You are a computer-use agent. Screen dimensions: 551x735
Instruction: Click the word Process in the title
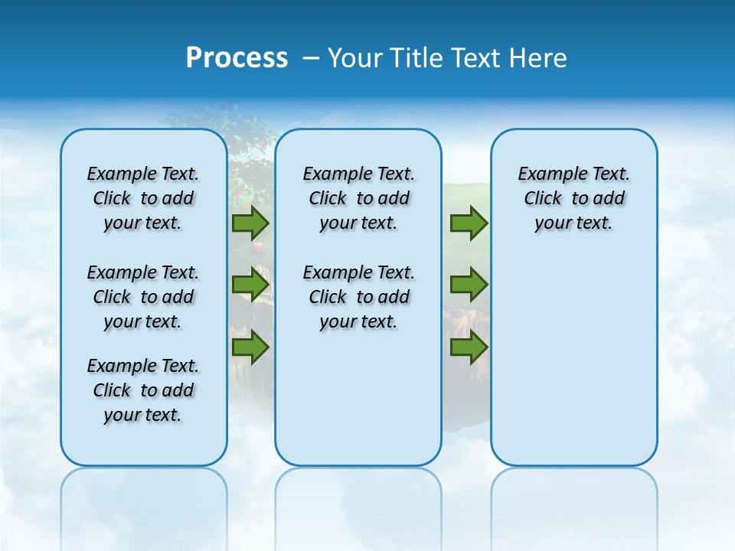(x=237, y=58)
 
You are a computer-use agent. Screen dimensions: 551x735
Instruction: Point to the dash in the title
(x=311, y=59)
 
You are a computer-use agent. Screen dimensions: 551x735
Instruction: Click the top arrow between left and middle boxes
(x=250, y=223)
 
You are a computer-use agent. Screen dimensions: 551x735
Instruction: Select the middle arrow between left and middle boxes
(x=250, y=285)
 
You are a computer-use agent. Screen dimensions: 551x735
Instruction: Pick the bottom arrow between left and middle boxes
(x=250, y=347)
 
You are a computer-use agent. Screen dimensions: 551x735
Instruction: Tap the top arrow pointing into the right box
(x=469, y=223)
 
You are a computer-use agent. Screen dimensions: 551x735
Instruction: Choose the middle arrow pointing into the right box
(x=469, y=285)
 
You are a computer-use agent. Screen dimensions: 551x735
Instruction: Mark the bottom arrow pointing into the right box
(x=469, y=347)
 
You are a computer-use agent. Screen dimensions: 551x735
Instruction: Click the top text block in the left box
(x=143, y=198)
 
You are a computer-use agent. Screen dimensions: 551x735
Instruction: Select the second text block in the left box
(x=143, y=297)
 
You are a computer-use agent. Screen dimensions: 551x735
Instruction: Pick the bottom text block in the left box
(x=143, y=390)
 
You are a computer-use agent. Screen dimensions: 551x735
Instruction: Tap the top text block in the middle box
(x=358, y=198)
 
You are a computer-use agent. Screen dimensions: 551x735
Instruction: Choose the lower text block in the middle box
(x=358, y=297)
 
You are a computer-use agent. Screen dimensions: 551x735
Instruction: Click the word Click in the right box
(x=543, y=198)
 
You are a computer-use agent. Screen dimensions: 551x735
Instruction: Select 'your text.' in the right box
(x=573, y=223)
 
